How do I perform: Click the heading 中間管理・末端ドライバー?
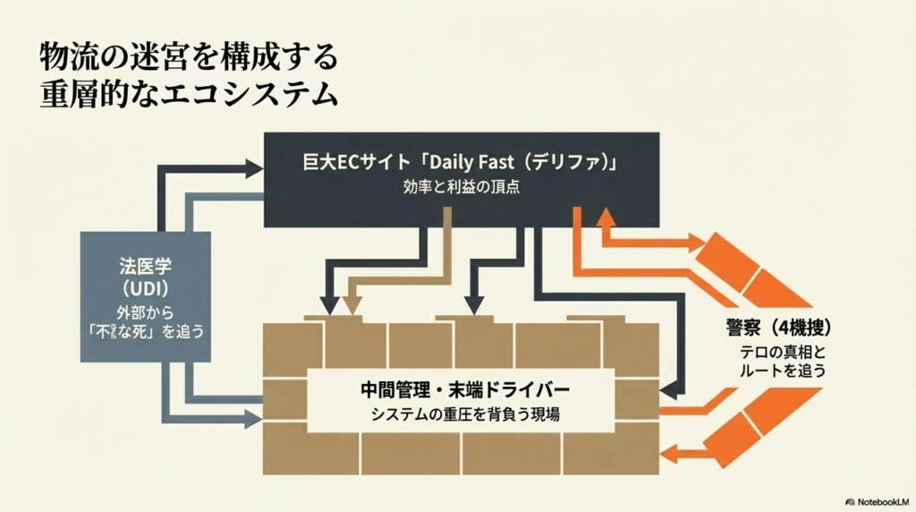(461, 391)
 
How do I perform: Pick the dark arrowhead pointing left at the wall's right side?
(666, 388)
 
